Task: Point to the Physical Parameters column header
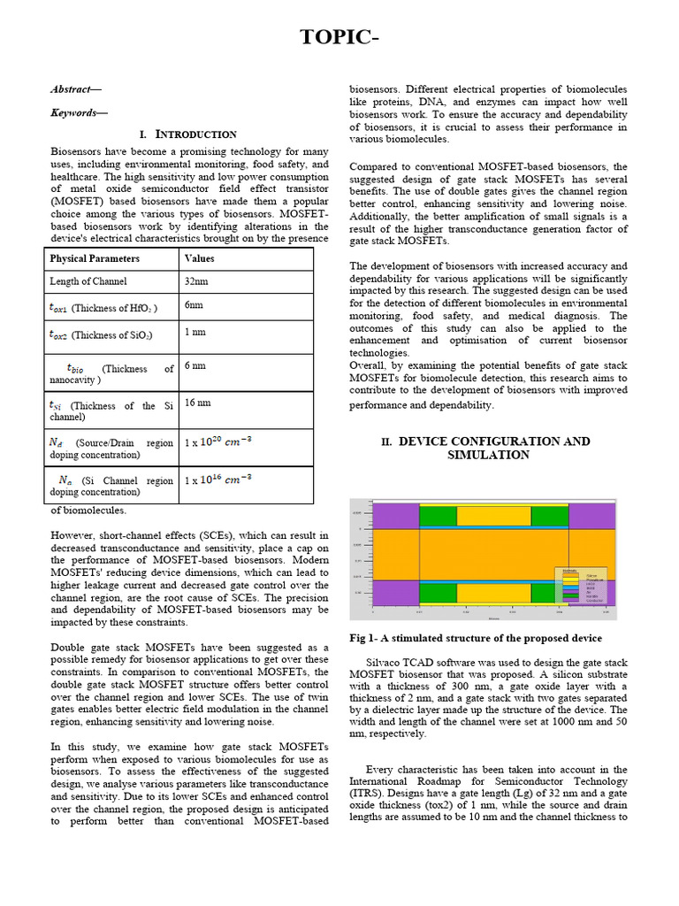95,258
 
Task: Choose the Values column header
199,258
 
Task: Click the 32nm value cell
196,280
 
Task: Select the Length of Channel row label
89,281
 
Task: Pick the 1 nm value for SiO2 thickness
195,332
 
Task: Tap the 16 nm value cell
197,403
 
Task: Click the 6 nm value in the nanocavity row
195,365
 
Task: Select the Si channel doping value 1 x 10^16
217,480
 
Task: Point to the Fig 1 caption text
476,638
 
